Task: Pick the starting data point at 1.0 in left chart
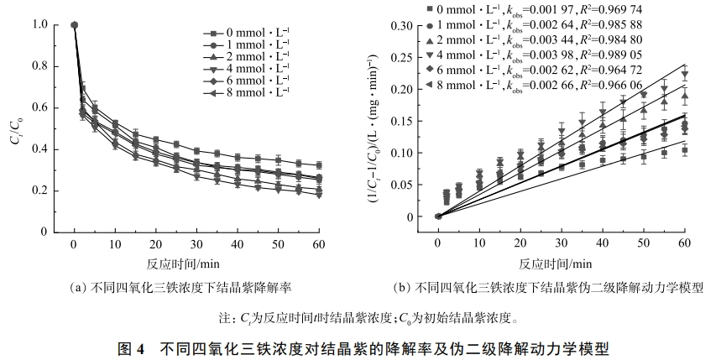click(75, 25)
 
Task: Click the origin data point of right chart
click(437, 216)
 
